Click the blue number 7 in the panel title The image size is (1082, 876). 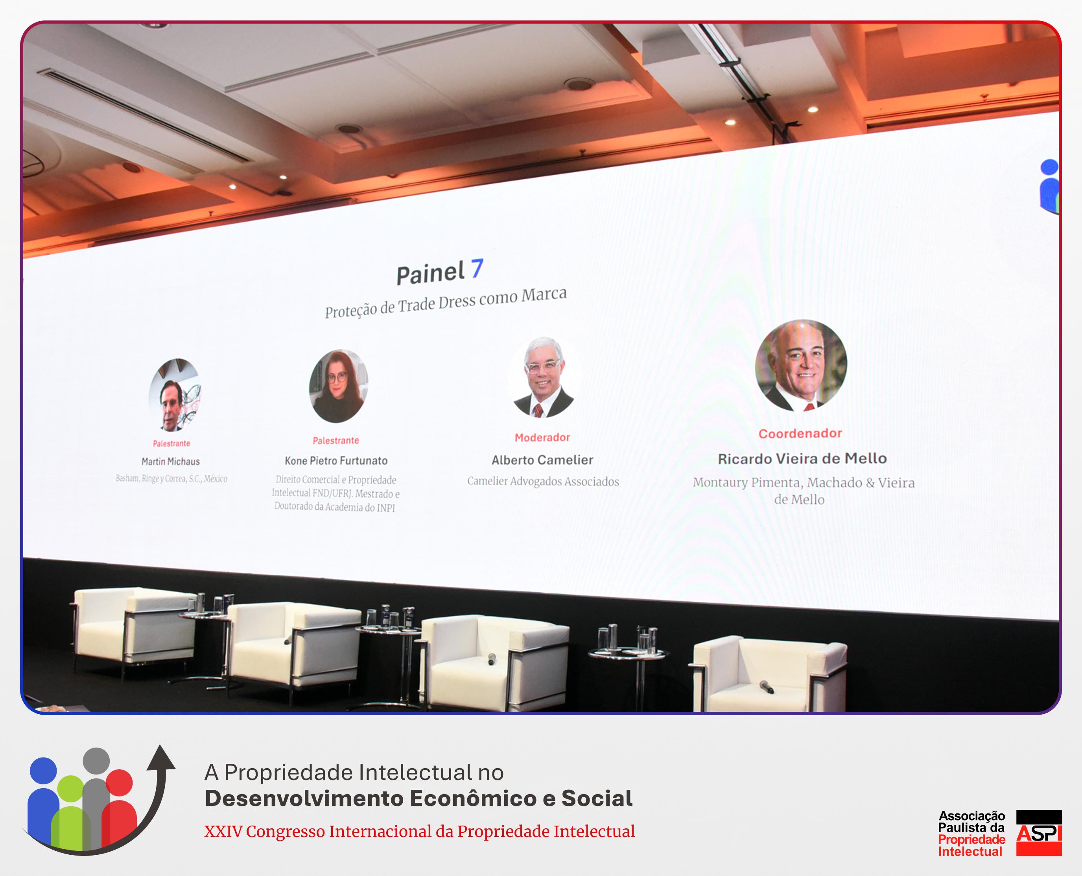(x=477, y=268)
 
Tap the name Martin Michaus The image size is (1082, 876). (x=170, y=461)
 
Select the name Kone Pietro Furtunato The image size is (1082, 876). (x=336, y=460)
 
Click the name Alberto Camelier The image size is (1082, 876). (x=542, y=460)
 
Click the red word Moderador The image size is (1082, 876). (x=542, y=438)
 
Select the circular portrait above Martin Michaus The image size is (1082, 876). (x=175, y=395)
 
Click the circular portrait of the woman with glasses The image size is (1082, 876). (x=338, y=386)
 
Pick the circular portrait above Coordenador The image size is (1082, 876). (x=801, y=365)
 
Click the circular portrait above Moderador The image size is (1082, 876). (x=542, y=377)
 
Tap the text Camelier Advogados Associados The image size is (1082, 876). (x=543, y=481)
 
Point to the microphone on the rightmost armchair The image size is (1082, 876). (x=767, y=687)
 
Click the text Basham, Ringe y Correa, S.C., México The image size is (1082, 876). (x=171, y=479)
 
